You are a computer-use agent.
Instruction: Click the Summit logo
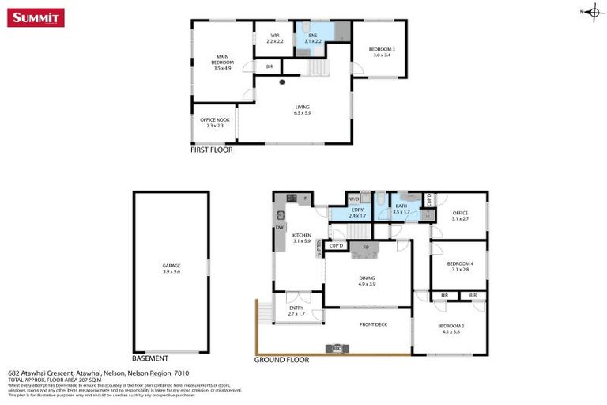[x=36, y=17]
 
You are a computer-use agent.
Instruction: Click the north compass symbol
[x=593, y=12]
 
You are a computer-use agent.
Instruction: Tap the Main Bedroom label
[x=221, y=62]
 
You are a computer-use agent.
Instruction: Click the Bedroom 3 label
[x=381, y=51]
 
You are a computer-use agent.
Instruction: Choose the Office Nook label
[x=214, y=123]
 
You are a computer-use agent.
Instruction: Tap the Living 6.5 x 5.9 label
[x=303, y=109]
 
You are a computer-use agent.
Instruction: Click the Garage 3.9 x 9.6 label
[x=172, y=267]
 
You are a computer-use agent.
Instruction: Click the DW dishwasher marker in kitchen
[x=279, y=228]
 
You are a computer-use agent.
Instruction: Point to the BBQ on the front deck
[x=337, y=348]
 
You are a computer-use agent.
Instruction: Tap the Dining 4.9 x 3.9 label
[x=367, y=280]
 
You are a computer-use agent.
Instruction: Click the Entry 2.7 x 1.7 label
[x=296, y=309]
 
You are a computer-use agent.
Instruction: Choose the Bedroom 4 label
[x=458, y=266]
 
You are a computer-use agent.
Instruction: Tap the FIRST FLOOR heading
[x=212, y=149]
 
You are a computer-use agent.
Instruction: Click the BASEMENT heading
[x=150, y=358]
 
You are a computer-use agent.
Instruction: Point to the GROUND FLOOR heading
[x=281, y=359]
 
